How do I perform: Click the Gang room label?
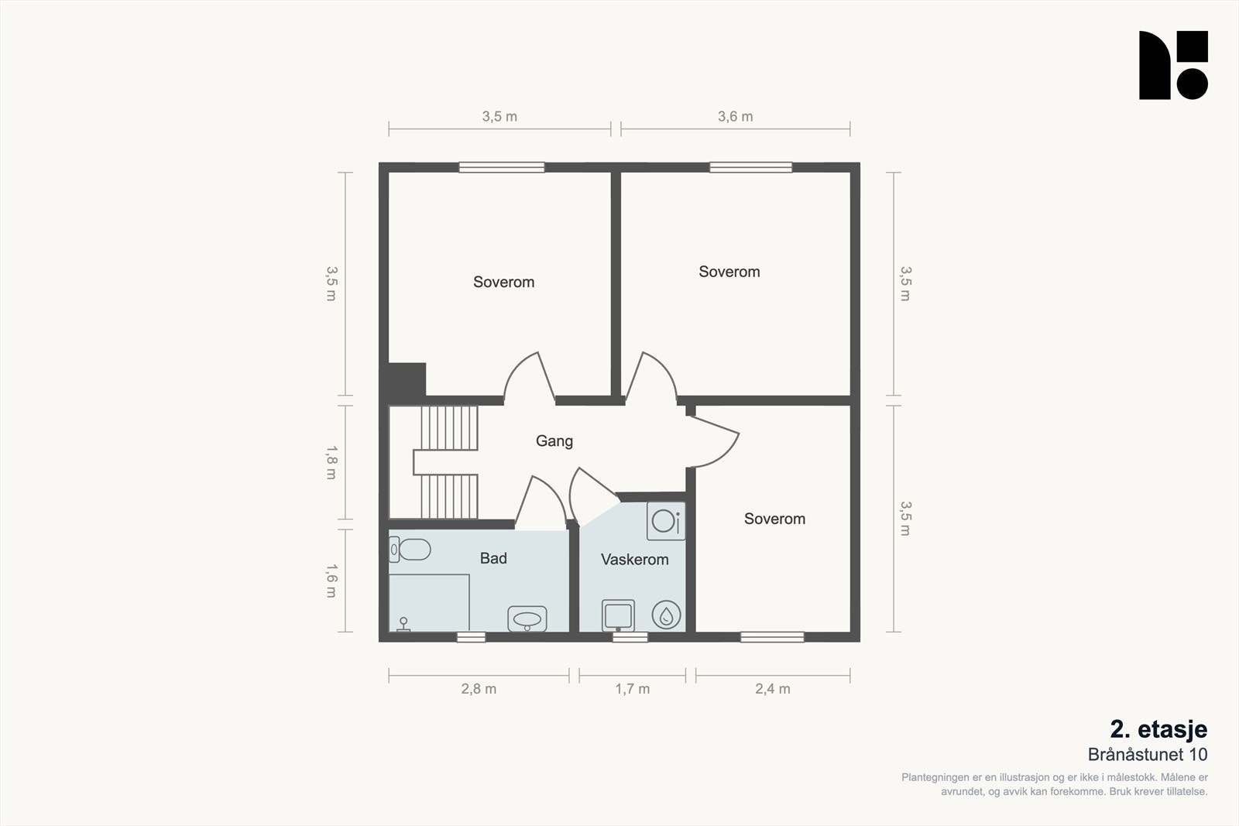click(x=554, y=441)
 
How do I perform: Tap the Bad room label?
click(x=493, y=558)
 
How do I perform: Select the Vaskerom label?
click(x=634, y=560)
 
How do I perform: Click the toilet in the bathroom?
click(x=410, y=550)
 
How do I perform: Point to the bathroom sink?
click(x=527, y=619)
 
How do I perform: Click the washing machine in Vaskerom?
click(x=666, y=521)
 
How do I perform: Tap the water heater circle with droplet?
click(x=666, y=615)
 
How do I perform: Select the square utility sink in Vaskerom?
click(x=618, y=615)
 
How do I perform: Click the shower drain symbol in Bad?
click(x=403, y=624)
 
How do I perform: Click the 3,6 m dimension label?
click(x=735, y=117)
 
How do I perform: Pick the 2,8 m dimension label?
click(x=479, y=689)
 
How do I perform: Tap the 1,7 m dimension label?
click(x=632, y=689)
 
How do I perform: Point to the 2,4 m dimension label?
click(x=773, y=689)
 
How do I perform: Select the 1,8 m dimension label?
click(x=331, y=463)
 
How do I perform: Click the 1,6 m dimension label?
click(x=331, y=581)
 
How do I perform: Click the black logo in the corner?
click(x=1173, y=65)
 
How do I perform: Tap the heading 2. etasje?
click(x=1158, y=729)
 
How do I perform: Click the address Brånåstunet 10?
click(x=1147, y=755)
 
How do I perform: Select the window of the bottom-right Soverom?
click(x=772, y=637)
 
